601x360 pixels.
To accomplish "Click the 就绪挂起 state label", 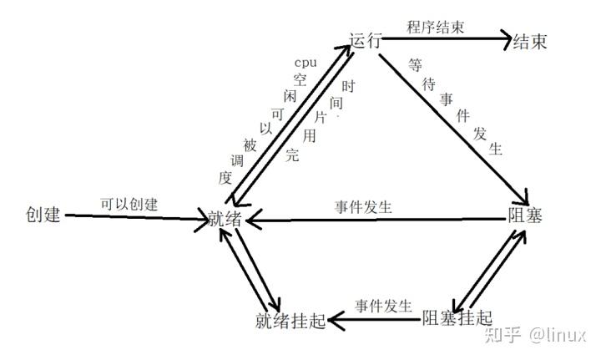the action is click(289, 321).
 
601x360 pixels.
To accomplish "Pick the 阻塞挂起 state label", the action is click(457, 317).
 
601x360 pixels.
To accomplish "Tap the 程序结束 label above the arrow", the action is click(435, 27).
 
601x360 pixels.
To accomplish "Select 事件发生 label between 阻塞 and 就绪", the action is click(364, 206).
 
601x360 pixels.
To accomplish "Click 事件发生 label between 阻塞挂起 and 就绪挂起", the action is click(383, 305).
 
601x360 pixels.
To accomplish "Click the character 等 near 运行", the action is click(415, 63).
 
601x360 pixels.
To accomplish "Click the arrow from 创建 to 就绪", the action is click(138, 219).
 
